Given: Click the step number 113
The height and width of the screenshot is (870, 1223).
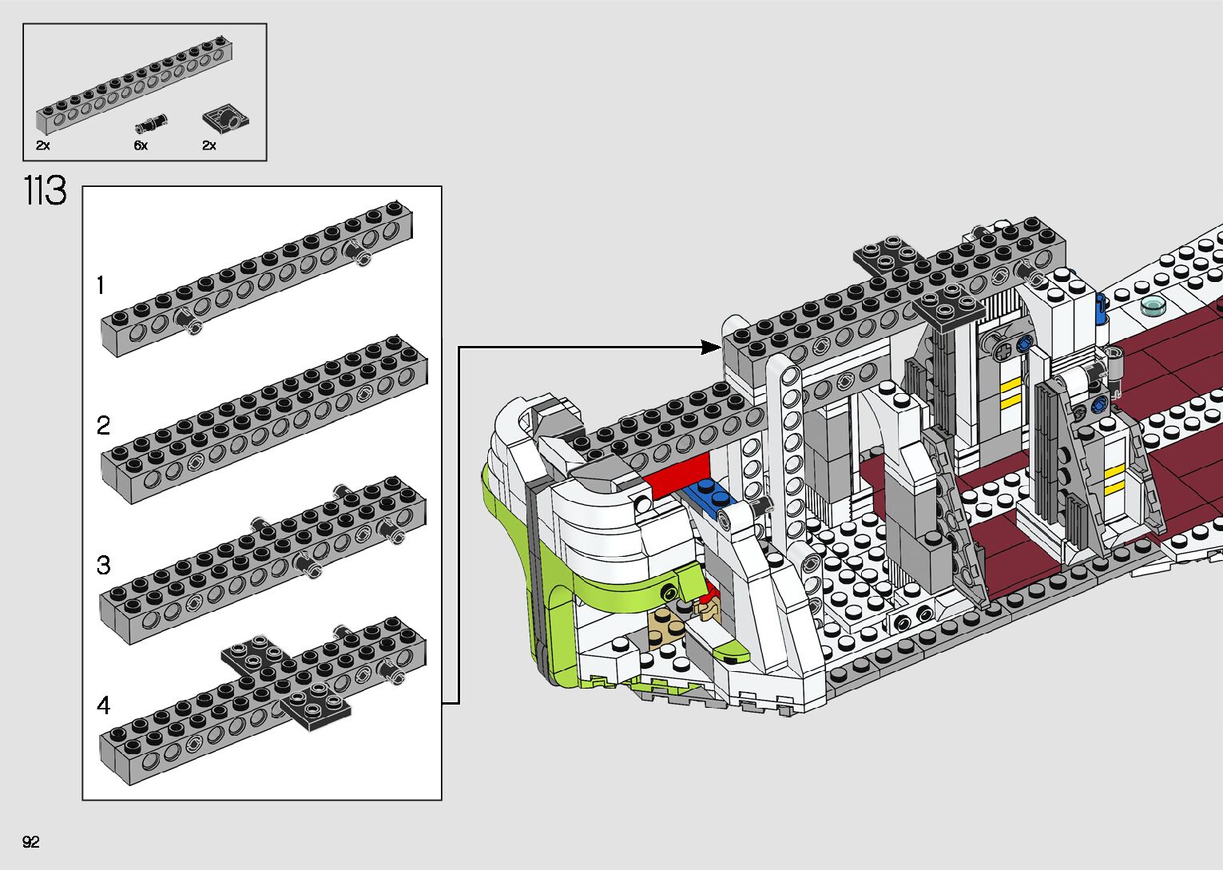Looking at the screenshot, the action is (x=45, y=192).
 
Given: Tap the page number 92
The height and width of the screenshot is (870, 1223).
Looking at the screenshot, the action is (x=31, y=842).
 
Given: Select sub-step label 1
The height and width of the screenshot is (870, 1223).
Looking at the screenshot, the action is (x=101, y=284).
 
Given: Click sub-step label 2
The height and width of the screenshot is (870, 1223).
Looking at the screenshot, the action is (x=103, y=425).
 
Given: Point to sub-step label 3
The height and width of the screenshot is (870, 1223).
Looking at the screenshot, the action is (x=103, y=566).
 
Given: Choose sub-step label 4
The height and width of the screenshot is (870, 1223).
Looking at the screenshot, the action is (x=103, y=705).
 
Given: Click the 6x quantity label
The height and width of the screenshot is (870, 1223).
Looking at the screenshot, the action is (x=141, y=145).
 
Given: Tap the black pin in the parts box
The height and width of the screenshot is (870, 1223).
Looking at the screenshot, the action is (x=152, y=122).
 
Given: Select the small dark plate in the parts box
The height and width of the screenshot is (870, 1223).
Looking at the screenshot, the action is (x=224, y=119).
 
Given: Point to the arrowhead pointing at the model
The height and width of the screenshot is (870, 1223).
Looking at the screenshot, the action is (x=710, y=347).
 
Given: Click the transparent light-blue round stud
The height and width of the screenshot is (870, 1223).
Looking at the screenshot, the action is (x=1154, y=304).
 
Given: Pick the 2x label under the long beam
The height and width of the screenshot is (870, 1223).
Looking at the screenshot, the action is (x=43, y=145).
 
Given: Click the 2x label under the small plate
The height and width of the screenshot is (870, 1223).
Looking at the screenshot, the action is (x=209, y=145).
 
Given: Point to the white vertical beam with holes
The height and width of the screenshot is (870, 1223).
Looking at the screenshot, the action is (x=791, y=447).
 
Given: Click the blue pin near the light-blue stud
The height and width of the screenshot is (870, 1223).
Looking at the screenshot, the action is (x=1102, y=308).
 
